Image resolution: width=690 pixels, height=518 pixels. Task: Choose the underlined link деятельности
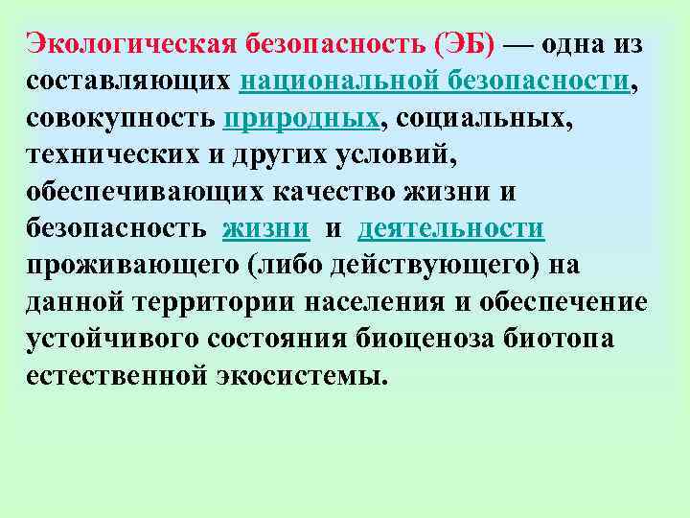[451, 228]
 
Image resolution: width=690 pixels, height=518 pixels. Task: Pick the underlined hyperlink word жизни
[265, 228]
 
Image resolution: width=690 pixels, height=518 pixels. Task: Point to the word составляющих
[129, 82]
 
